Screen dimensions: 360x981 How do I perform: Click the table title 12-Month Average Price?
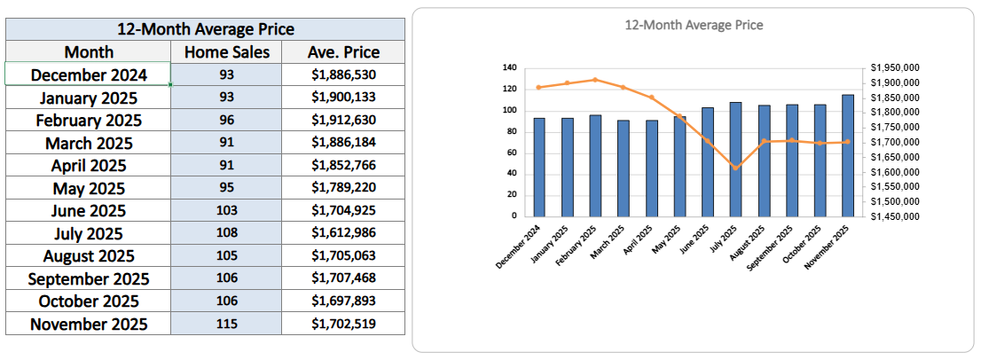tap(205, 29)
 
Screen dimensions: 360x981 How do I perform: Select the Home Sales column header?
tap(226, 52)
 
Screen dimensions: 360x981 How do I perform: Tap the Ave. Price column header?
tap(342, 52)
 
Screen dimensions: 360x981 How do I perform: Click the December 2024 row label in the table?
tap(89, 75)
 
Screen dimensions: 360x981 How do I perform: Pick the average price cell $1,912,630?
tap(342, 120)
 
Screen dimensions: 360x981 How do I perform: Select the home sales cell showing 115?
tap(226, 324)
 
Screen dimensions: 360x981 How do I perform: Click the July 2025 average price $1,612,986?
tap(342, 233)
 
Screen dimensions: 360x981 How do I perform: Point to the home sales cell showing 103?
tap(226, 211)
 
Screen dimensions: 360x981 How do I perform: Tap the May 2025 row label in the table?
tap(89, 188)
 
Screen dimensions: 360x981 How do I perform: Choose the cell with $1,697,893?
tap(342, 301)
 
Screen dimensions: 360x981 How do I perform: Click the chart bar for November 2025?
tap(848, 155)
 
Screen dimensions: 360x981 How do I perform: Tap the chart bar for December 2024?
tap(539, 167)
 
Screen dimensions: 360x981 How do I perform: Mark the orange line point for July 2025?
tap(735, 168)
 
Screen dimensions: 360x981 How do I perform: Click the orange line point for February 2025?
tap(595, 80)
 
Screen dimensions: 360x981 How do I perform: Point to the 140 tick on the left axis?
tap(508, 67)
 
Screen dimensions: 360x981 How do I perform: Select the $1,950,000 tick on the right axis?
tap(894, 67)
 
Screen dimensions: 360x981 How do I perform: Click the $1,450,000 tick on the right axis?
tap(894, 215)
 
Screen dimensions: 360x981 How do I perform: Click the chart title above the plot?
tap(693, 26)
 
